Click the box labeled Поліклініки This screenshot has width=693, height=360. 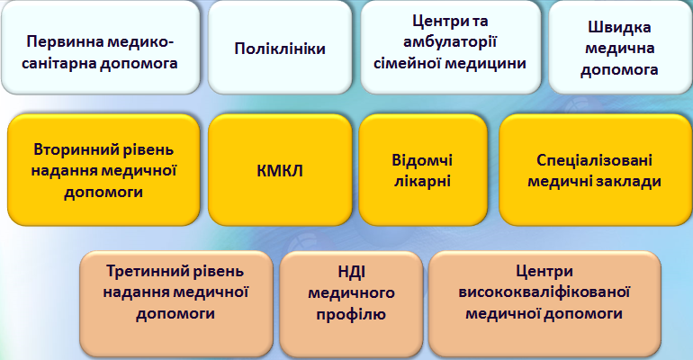[280, 48]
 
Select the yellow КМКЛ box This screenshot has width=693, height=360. [280, 170]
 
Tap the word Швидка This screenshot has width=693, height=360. [619, 28]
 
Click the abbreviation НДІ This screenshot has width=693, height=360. [352, 271]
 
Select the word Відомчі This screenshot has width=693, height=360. [422, 160]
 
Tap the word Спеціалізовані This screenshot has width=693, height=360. [594, 160]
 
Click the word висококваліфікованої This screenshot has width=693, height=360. [544, 292]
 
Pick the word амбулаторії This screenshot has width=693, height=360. [450, 42]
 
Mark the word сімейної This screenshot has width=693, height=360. [407, 63]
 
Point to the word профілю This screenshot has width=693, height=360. [351, 314]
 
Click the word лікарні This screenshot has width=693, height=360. [422, 182]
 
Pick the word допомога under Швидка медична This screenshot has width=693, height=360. [619, 70]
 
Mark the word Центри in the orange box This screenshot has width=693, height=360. [544, 271]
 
